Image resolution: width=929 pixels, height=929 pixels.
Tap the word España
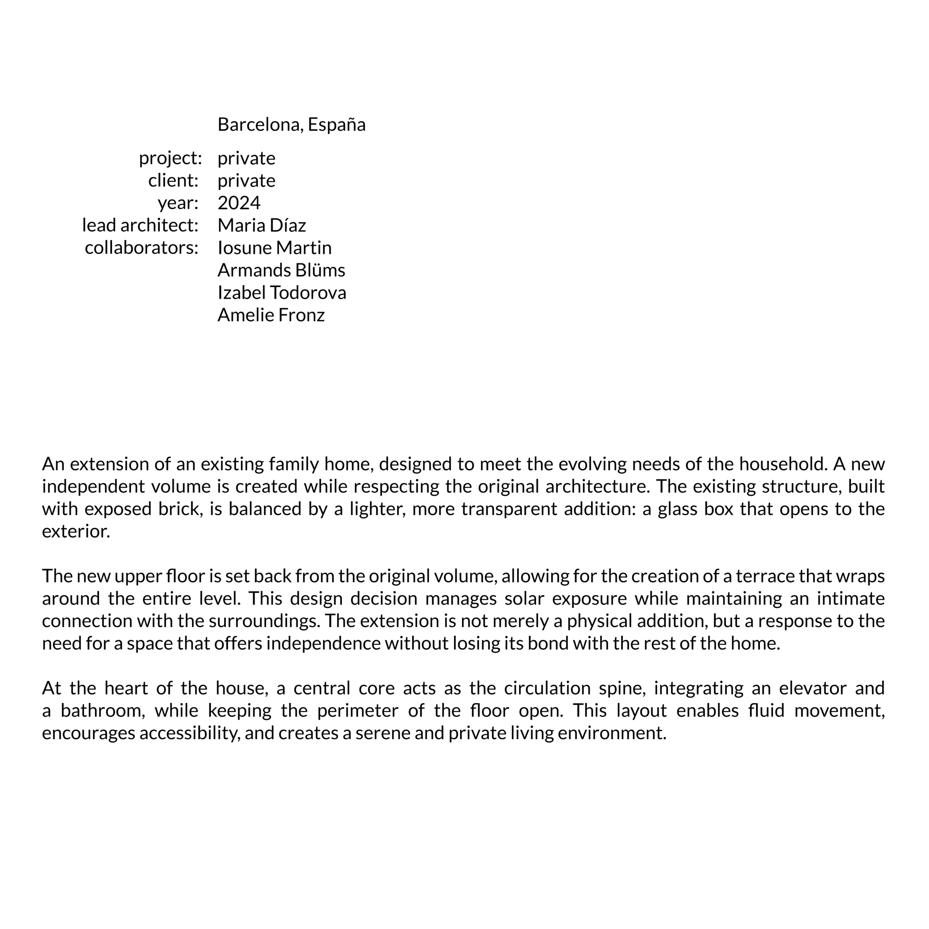coord(337,124)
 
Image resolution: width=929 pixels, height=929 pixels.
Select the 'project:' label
coord(170,158)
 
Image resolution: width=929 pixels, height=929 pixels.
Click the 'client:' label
coord(173,181)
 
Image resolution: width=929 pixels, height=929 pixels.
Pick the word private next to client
coord(246,181)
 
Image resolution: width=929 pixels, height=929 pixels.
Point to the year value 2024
coord(239,203)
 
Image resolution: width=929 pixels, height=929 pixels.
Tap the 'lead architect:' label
coord(140,225)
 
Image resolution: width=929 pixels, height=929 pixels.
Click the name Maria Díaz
coord(262,225)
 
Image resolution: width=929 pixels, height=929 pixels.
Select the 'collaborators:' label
coord(142,247)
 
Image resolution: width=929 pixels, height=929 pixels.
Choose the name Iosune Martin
coord(275,247)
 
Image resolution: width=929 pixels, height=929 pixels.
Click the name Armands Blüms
coord(281,270)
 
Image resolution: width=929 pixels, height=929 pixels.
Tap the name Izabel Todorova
coord(282,292)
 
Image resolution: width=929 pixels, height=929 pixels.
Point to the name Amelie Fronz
coord(271,315)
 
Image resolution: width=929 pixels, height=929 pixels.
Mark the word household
coord(782,464)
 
